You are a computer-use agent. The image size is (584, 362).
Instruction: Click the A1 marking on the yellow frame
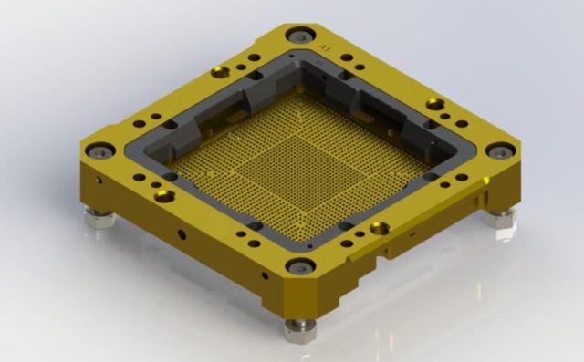(x=322, y=42)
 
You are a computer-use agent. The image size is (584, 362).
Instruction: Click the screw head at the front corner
(x=299, y=266)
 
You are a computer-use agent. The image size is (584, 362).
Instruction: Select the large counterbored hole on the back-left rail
(x=218, y=72)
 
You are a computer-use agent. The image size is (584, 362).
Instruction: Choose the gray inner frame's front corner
(x=300, y=242)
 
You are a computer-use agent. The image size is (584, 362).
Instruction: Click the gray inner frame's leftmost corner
(x=137, y=151)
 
